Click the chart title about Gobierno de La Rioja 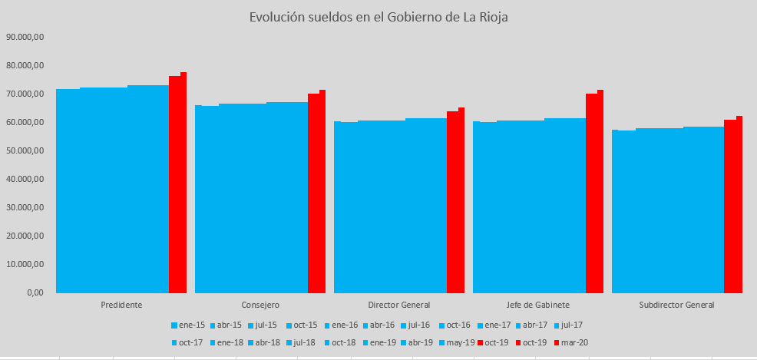click(x=378, y=17)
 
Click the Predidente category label click(x=121, y=305)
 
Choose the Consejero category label click(x=260, y=305)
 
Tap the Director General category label click(x=399, y=305)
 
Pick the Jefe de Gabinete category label click(x=538, y=305)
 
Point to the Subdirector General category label click(x=676, y=305)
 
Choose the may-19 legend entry click(x=459, y=342)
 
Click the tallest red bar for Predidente click(x=183, y=182)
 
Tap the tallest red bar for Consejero click(x=322, y=191)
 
